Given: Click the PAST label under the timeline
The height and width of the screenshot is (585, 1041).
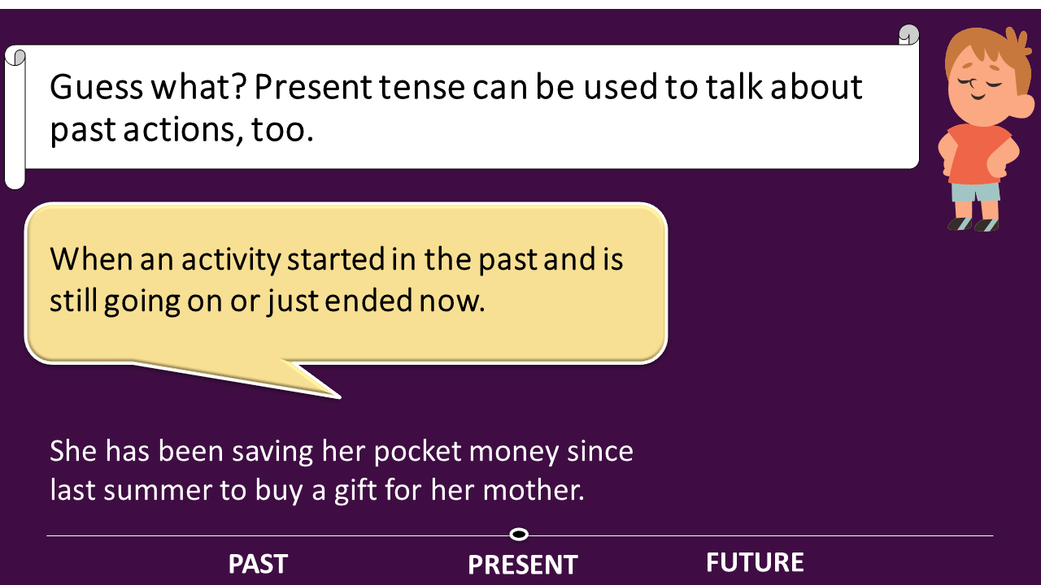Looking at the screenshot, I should [258, 564].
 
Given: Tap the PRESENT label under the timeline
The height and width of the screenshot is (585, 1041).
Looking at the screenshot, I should [522, 565].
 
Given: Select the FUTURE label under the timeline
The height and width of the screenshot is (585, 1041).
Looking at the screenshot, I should [755, 562].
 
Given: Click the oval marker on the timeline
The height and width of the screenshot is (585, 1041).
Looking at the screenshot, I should [519, 535].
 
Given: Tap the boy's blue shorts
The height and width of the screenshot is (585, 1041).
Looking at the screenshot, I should [975, 193].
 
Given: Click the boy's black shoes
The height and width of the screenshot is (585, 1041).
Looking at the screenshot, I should [973, 224].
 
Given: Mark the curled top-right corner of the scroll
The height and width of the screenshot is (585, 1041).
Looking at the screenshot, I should [908, 35].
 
